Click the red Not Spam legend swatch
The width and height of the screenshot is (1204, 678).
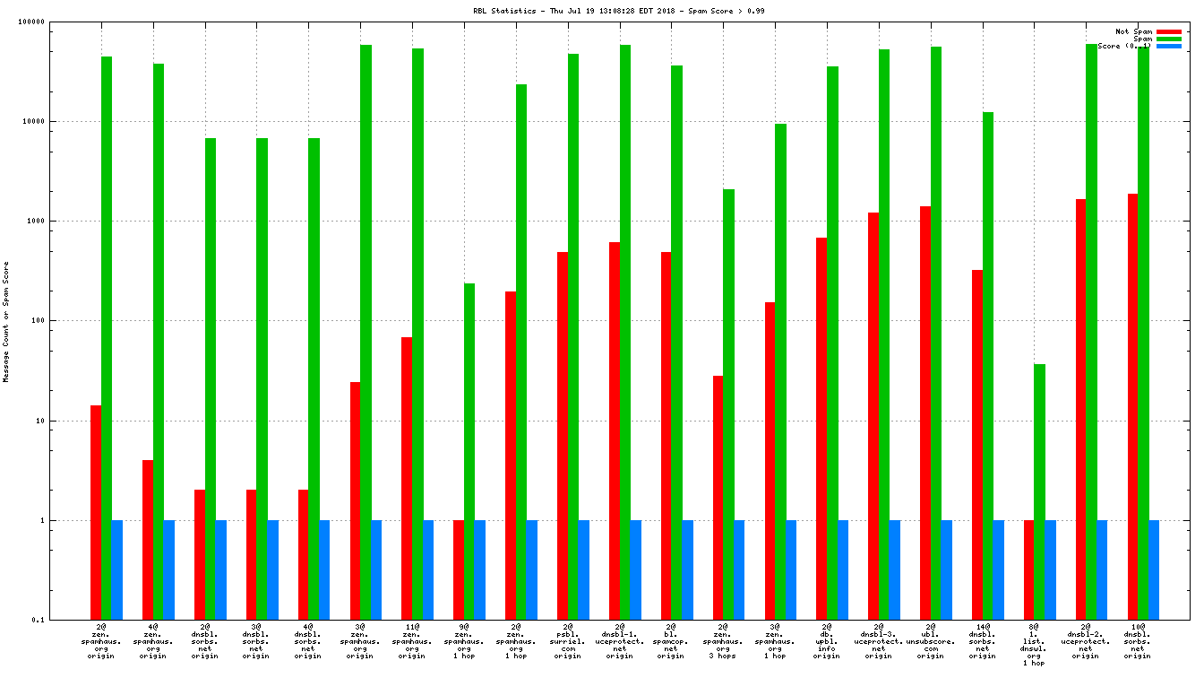click(x=1169, y=31)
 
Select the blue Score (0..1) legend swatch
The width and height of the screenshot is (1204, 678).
click(x=1169, y=46)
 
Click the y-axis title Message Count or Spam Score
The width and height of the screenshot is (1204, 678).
click(x=6, y=322)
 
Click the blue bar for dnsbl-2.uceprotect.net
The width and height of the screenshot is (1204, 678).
click(x=1102, y=569)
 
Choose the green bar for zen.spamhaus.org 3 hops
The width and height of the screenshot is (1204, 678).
click(x=728, y=404)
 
